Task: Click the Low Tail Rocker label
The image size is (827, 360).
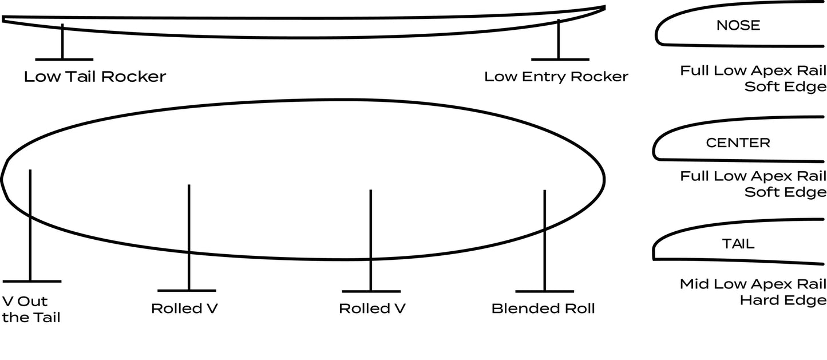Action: (x=94, y=77)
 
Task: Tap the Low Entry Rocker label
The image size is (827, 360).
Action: (x=556, y=77)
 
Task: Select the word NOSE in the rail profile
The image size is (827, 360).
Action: (x=738, y=25)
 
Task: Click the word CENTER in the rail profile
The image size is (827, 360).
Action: (x=738, y=143)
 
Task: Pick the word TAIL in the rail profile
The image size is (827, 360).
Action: (x=738, y=244)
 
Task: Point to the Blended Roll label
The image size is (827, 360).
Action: (x=543, y=308)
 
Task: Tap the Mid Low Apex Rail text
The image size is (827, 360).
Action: (x=753, y=284)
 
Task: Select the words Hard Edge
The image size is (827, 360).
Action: (x=783, y=300)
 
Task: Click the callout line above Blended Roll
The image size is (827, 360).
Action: (x=544, y=240)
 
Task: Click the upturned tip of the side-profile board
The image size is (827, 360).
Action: (x=604, y=7)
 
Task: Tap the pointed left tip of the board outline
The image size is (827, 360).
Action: (x=3, y=179)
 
